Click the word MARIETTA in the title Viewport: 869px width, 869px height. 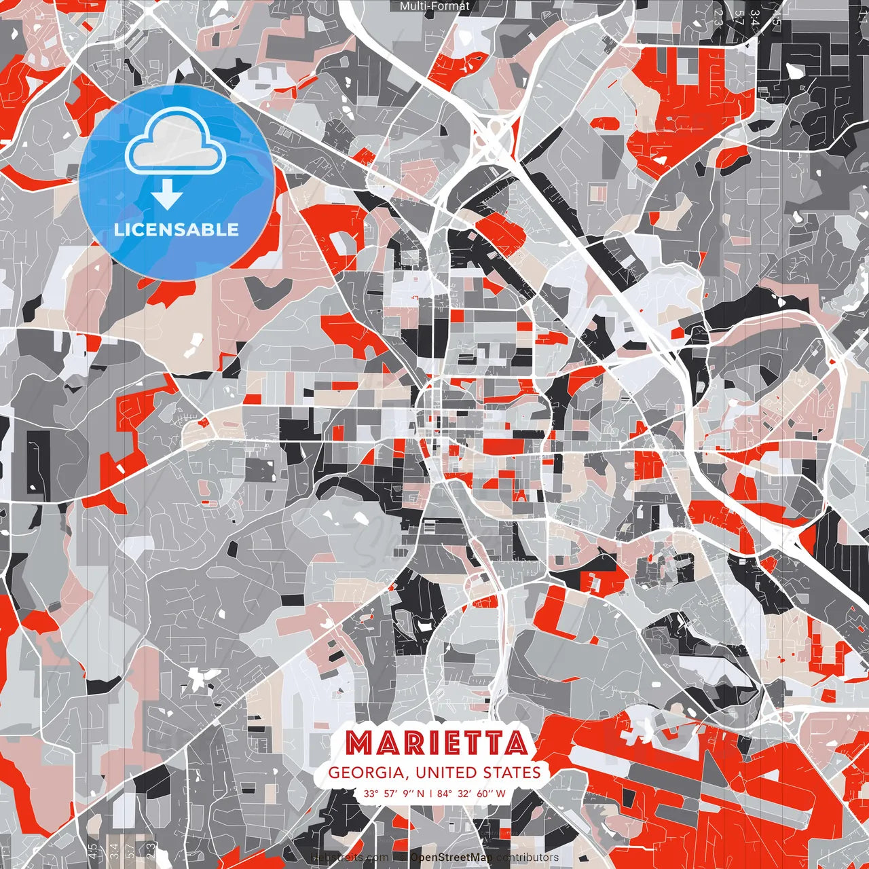point(436,743)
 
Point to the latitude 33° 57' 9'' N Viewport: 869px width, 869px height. point(394,793)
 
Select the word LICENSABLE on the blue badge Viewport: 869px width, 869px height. point(177,229)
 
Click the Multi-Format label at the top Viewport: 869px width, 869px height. point(434,6)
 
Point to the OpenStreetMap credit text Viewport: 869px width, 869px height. point(451,857)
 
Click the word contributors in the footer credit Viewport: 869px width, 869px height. point(528,857)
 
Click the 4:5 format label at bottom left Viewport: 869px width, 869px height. point(92,851)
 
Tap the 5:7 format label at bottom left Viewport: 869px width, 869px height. point(131,851)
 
